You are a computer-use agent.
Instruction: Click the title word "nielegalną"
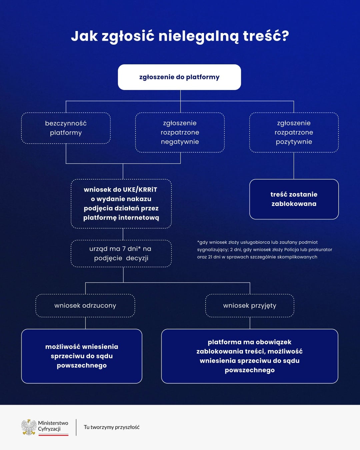click(198, 36)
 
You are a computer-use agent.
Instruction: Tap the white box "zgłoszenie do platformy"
click(179, 77)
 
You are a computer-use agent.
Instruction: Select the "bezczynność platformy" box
click(66, 128)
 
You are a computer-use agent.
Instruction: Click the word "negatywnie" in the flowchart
click(180, 142)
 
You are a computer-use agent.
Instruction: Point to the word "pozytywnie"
click(294, 142)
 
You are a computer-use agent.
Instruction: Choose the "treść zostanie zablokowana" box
click(294, 199)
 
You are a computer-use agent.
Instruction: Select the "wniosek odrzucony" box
click(85, 306)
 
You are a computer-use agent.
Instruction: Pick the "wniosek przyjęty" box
click(250, 306)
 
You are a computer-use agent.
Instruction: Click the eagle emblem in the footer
click(29, 427)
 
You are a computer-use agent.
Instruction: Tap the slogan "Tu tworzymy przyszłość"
click(112, 427)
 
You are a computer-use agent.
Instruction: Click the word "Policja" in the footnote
click(292, 250)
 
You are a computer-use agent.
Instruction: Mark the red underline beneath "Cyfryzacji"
click(53, 435)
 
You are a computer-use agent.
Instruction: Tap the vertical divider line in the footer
click(76, 427)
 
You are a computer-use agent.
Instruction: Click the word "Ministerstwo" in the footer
click(53, 423)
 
